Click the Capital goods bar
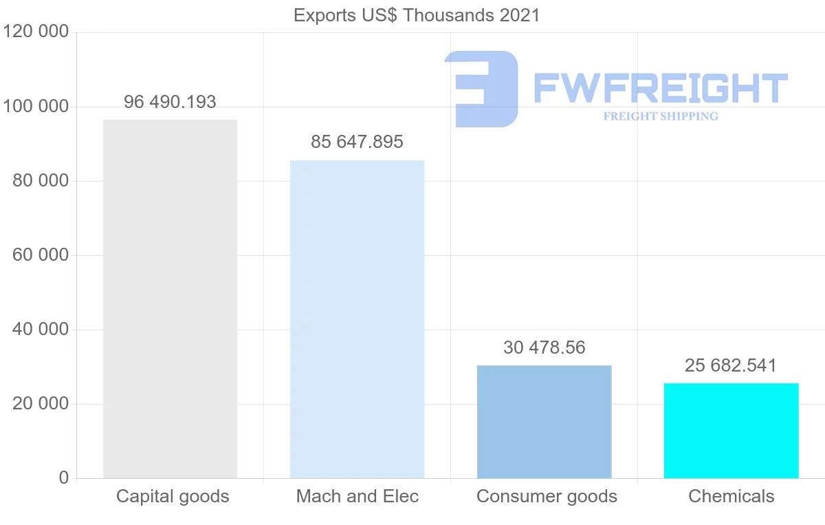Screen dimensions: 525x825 tap(170, 299)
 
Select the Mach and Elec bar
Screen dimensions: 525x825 tap(357, 319)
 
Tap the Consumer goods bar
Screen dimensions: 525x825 tap(544, 421)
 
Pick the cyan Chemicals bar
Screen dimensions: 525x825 tap(731, 430)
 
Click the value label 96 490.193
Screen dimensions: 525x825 tap(170, 102)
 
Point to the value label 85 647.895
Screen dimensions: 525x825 tap(357, 142)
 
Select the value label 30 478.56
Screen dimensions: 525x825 tap(544, 347)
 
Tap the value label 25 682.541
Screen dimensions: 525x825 tap(731, 365)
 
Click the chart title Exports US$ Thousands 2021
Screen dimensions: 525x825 tap(417, 15)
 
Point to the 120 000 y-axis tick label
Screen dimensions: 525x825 tap(36, 32)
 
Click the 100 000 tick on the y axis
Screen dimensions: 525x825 tap(36, 107)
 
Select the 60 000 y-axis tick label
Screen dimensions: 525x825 tap(41, 255)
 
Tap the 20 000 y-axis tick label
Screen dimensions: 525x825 tap(41, 404)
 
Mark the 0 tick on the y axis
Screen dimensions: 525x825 tap(64, 478)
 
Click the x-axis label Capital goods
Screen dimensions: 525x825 tap(173, 496)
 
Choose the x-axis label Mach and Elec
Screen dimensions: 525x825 tap(357, 496)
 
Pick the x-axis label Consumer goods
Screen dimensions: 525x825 tap(547, 496)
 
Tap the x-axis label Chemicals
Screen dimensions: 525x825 tap(731, 496)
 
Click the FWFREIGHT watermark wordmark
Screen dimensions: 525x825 tap(660, 89)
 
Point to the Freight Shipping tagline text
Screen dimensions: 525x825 tap(661, 116)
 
